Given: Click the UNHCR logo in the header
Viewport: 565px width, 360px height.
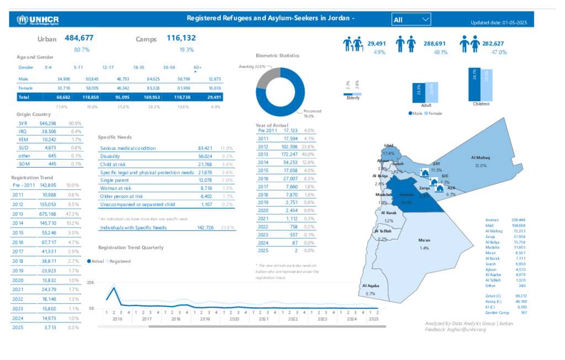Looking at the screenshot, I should coord(38,20).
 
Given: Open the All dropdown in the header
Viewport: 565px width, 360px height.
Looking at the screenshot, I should coord(411,20).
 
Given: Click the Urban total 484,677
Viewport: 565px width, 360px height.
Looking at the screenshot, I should coord(79,38).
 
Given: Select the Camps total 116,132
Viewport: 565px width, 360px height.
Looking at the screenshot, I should coord(181,38).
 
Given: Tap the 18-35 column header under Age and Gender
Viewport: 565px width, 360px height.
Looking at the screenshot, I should coord(138,67).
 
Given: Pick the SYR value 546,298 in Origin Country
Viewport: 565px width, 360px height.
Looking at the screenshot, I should coord(49,123).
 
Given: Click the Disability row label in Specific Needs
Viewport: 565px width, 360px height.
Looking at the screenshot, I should coord(110,156).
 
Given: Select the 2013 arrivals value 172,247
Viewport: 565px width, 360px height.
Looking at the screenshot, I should coord(290,155).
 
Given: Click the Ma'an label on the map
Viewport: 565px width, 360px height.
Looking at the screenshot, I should coord(424,241).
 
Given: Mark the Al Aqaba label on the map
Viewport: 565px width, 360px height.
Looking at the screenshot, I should coord(370,285).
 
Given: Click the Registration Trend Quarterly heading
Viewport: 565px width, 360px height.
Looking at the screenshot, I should coord(131,247).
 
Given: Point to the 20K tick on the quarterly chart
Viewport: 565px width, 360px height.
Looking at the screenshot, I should coord(91,282).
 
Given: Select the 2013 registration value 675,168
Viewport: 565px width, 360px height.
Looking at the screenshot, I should coord(49,214).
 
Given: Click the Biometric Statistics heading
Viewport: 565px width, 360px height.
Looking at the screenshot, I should coord(278,56).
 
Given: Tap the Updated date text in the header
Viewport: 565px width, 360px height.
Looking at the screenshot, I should coord(499,23).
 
